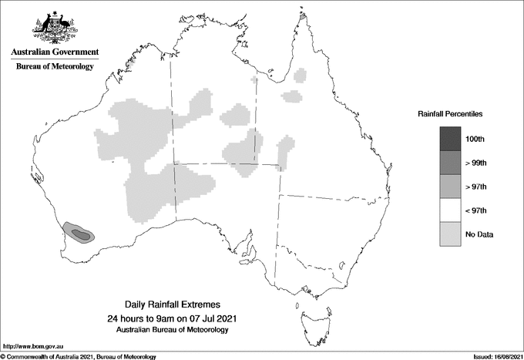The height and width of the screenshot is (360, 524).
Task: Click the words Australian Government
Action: (55, 52)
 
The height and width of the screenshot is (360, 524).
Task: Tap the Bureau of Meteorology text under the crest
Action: (55, 67)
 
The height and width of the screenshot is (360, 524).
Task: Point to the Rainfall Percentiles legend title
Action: (450, 114)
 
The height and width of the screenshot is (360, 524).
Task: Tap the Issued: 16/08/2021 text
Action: (489, 356)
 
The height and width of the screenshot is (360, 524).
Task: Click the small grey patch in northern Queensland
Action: (291, 96)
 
